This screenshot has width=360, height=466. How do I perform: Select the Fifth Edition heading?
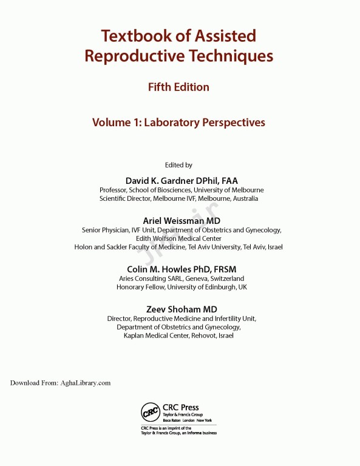click(178, 87)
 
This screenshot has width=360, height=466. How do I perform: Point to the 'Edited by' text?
click(178, 165)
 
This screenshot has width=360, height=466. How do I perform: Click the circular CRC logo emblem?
click(150, 413)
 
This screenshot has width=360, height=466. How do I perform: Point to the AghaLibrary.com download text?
click(85, 383)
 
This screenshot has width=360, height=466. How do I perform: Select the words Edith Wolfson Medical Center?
click(178, 238)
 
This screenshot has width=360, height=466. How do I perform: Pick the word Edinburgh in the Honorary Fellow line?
click(217, 287)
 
